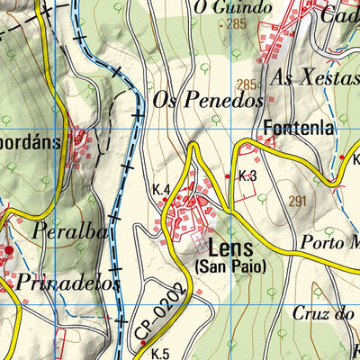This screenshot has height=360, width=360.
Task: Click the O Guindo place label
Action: pyautogui.click(x=232, y=7)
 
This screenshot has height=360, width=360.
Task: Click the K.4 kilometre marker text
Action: pyautogui.click(x=162, y=189)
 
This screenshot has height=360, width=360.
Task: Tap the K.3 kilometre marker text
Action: pyautogui.click(x=248, y=176)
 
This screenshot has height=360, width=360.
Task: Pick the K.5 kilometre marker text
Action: pyautogui.click(x=160, y=353)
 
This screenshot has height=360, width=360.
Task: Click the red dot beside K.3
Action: pyautogui.click(x=228, y=176)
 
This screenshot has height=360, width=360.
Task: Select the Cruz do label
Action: pyautogui.click(x=326, y=313)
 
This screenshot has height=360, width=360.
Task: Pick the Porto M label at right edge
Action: pyautogui.click(x=330, y=243)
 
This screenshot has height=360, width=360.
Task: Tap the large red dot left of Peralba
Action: pyautogui.click(x=8, y=249)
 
